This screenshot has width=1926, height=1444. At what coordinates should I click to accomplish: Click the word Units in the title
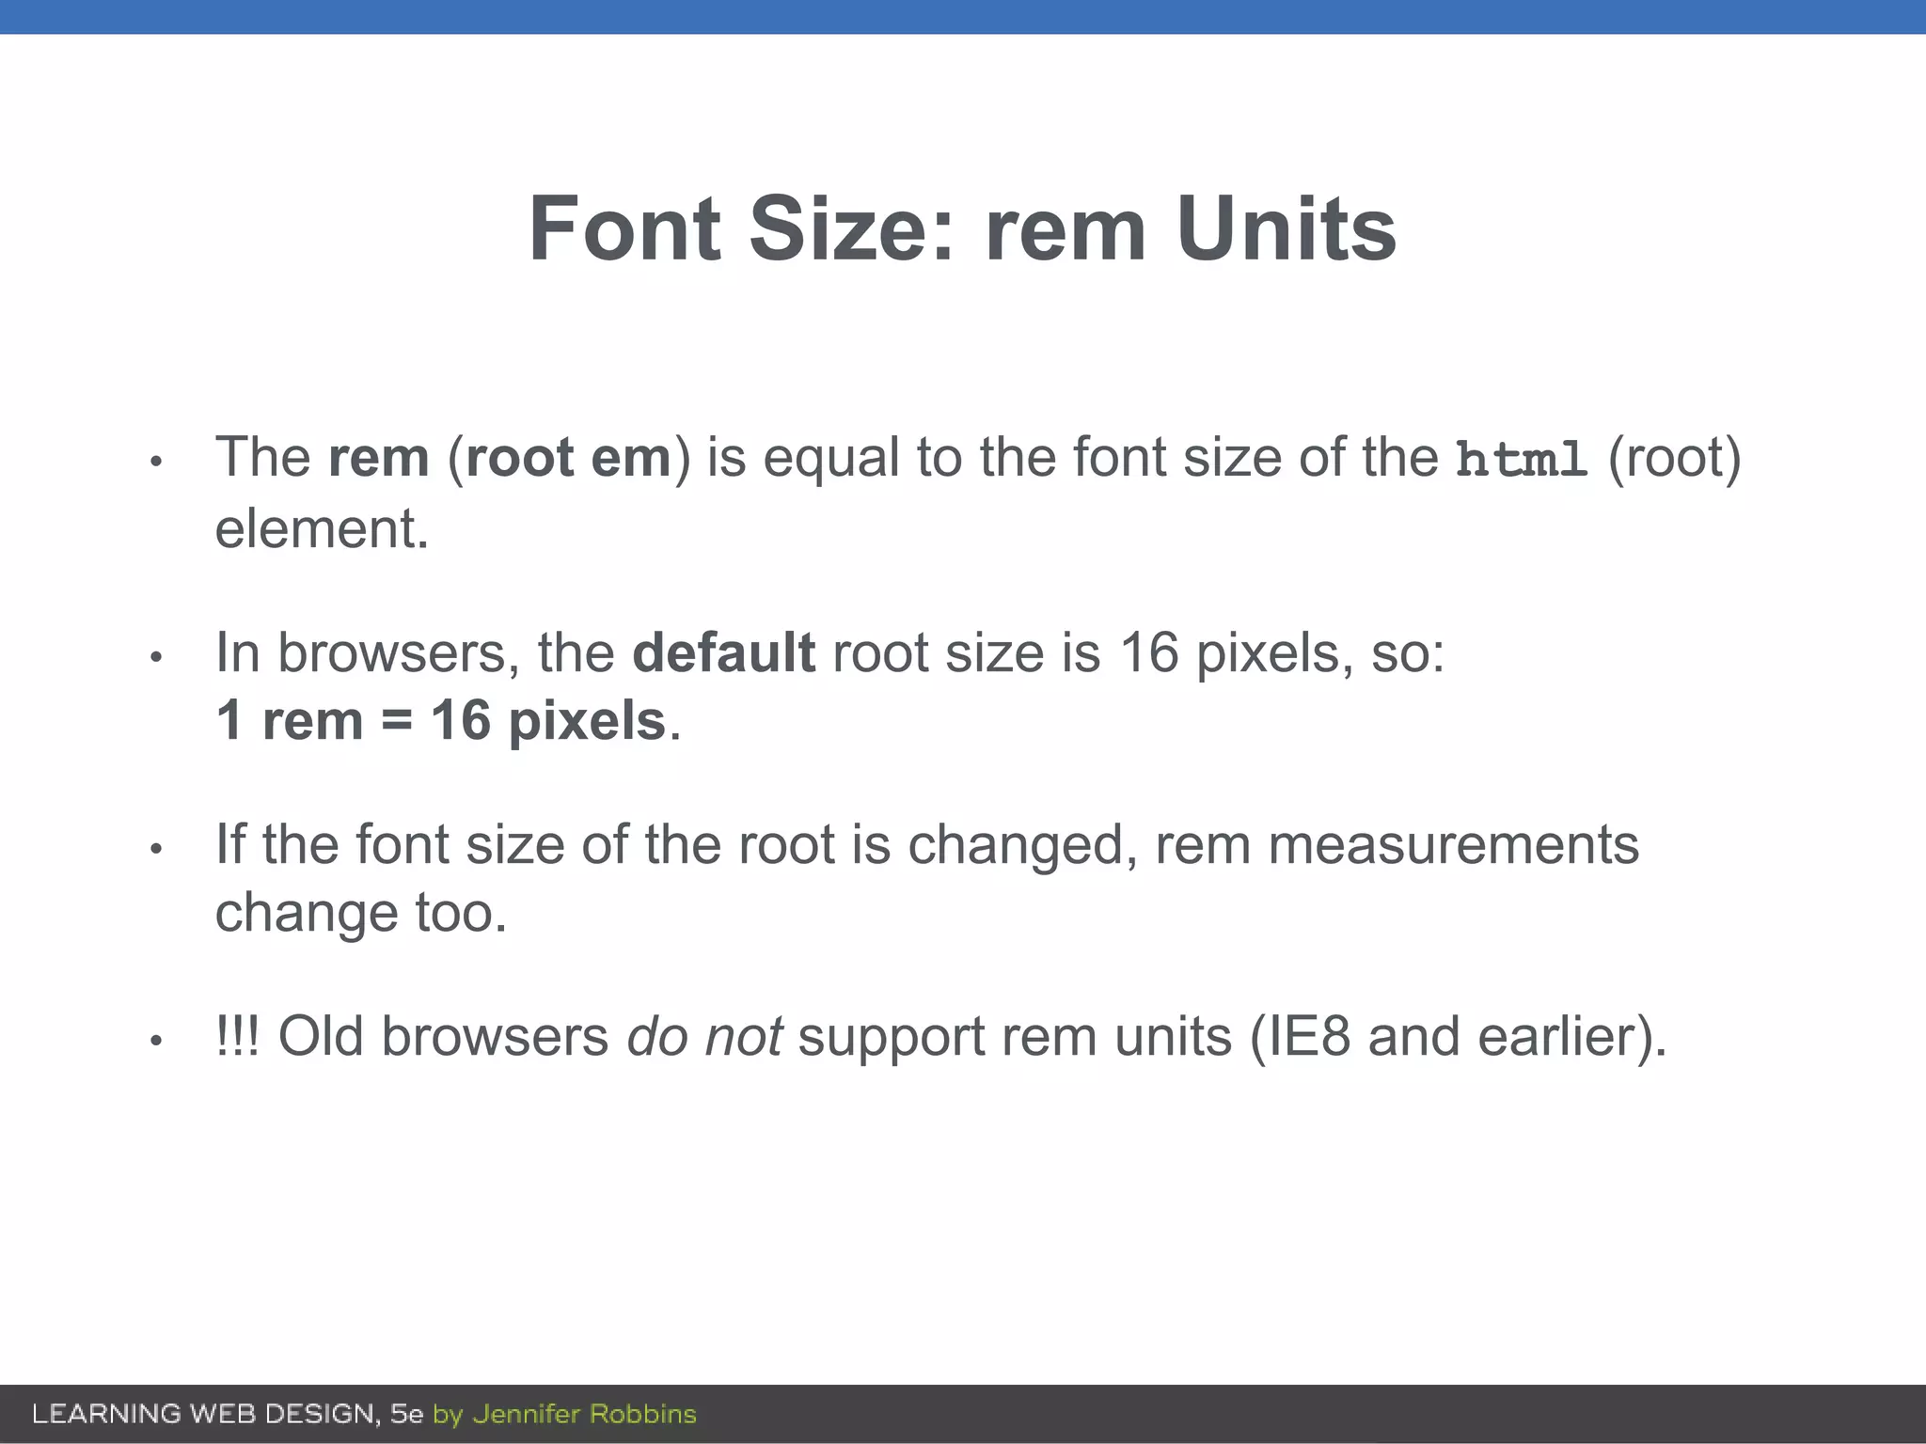[1286, 229]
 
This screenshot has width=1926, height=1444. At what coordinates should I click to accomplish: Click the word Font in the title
[624, 229]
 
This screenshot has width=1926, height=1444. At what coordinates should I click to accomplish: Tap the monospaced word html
[1522, 460]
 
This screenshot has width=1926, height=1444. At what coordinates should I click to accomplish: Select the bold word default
[723, 652]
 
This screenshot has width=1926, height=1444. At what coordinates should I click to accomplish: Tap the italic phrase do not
[704, 1037]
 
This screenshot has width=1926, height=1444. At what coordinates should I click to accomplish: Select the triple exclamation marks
[237, 1037]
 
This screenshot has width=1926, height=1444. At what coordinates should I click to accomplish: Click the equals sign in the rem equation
[396, 722]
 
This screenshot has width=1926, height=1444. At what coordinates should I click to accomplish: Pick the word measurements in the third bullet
[1453, 844]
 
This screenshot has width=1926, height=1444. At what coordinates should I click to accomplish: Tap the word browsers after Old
[495, 1037]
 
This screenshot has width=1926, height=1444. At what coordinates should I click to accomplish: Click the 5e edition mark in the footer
[407, 1414]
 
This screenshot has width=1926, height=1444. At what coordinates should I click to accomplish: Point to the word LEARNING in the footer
[106, 1414]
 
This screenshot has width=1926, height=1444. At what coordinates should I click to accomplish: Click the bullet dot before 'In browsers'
[157, 656]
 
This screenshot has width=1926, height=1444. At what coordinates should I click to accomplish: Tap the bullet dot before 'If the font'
[157, 849]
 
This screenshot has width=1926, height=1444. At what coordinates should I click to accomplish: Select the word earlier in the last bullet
[1556, 1037]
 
